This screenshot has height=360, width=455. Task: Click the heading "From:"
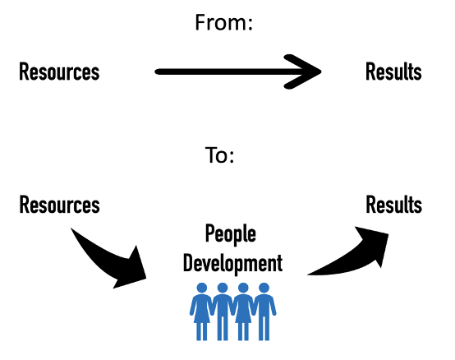pyautogui.click(x=223, y=22)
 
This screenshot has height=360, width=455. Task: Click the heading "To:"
pyautogui.click(x=219, y=155)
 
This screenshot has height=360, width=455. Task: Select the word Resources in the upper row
pyautogui.click(x=59, y=72)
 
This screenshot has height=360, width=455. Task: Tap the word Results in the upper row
pyautogui.click(x=393, y=72)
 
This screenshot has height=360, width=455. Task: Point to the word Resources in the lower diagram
pyautogui.click(x=59, y=205)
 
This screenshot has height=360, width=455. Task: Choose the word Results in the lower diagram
pyautogui.click(x=393, y=205)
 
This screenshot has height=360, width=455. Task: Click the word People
pyautogui.click(x=231, y=234)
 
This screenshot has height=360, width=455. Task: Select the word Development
pyautogui.click(x=232, y=263)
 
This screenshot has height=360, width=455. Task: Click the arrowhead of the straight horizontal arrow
pyautogui.click(x=303, y=72)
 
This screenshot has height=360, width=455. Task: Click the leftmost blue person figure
pyautogui.click(x=201, y=312)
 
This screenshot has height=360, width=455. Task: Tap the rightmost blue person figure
pyautogui.click(x=264, y=312)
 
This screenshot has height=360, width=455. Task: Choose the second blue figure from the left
pyautogui.click(x=223, y=312)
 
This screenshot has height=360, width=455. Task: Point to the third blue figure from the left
pyautogui.click(x=243, y=312)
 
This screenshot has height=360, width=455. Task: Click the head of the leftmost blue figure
pyautogui.click(x=202, y=288)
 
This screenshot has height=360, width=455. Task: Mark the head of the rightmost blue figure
pyautogui.click(x=264, y=288)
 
